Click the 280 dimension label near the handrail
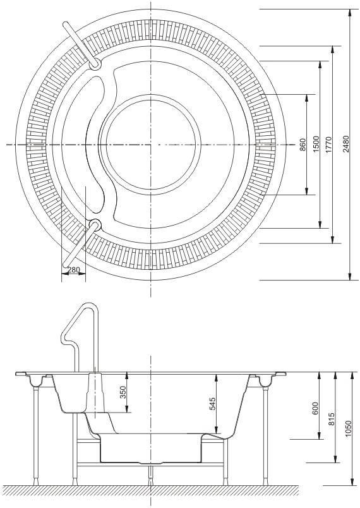(x=73, y=270)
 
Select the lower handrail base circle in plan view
(x=95, y=224)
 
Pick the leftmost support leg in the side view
(x=35, y=436)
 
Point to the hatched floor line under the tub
(x=152, y=490)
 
